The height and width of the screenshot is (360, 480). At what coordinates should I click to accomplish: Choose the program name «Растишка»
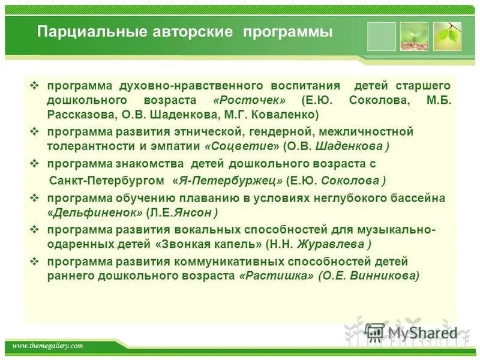[x=276, y=276]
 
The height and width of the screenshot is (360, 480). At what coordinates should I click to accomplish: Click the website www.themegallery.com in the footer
[x=47, y=346]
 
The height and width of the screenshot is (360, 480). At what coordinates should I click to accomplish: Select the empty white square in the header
[x=381, y=37]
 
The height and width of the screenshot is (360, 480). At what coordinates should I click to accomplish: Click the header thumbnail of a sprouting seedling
[x=414, y=37]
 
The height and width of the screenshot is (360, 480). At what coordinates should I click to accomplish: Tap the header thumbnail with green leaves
[x=447, y=37]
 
